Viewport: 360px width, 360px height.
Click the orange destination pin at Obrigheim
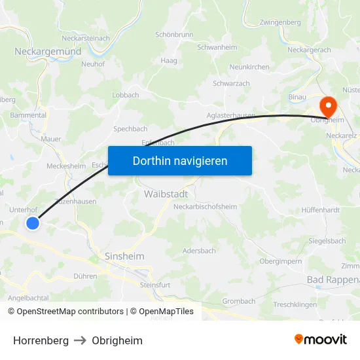pos(326,105)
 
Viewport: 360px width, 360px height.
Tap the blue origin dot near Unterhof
pos(33,223)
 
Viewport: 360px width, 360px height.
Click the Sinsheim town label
pos(124,256)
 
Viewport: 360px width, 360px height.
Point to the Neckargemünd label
pos(48,51)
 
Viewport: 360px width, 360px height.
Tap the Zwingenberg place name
pos(280,22)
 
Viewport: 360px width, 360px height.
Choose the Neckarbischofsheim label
pos(204,207)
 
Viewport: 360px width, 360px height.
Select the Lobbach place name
pos(125,95)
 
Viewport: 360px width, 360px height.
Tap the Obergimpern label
pos(280,261)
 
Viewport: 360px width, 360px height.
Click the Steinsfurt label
pos(154,285)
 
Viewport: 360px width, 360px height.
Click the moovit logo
pos(321,340)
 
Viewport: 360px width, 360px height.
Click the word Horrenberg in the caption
pos(41,340)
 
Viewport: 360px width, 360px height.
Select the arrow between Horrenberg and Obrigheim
pos(80,340)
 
